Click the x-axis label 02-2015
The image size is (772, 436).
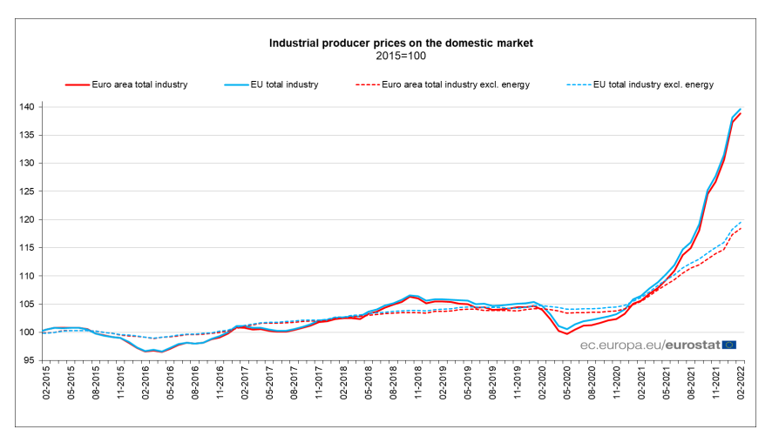click(x=44, y=383)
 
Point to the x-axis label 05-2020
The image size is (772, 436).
click(x=566, y=383)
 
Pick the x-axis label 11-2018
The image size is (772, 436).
click(x=417, y=383)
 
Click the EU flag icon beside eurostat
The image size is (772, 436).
click(x=729, y=345)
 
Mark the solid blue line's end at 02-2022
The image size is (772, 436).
click(x=741, y=109)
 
